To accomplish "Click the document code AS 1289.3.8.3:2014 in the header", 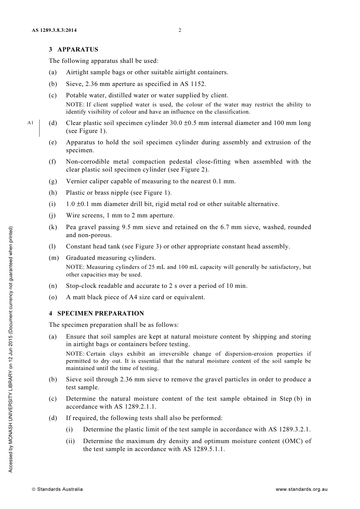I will [56, 30].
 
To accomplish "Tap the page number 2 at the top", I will [180, 30].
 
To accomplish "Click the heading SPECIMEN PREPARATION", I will [100, 314].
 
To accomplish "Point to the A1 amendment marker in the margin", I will [31, 123].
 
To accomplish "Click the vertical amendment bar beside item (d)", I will [39, 127].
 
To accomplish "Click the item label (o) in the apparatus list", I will [53, 297].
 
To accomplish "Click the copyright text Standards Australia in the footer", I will [59, 489].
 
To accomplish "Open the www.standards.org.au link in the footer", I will [301, 489].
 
